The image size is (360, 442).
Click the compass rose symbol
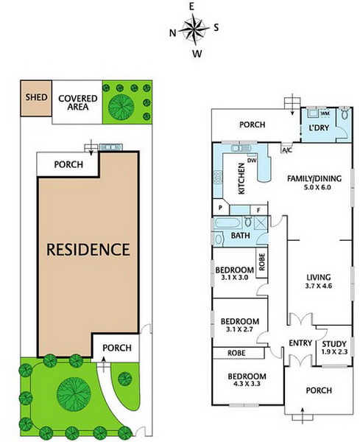click(x=194, y=29)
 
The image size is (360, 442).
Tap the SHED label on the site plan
click(x=36, y=97)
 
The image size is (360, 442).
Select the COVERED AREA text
click(x=78, y=102)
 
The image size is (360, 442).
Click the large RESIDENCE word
click(x=88, y=250)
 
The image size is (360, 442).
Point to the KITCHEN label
click(x=241, y=179)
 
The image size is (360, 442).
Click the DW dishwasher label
click(x=252, y=161)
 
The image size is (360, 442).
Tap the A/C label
click(x=287, y=150)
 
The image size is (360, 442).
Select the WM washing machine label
click(x=325, y=113)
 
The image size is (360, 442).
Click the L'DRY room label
click(x=319, y=127)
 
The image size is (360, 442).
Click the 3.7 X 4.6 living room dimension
click(x=319, y=286)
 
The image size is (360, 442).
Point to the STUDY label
click(x=334, y=344)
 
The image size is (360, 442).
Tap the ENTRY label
click(x=300, y=343)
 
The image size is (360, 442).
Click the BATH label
click(x=240, y=236)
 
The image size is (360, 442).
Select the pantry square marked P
click(x=221, y=207)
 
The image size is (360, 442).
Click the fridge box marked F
click(x=258, y=210)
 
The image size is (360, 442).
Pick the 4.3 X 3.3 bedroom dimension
click(x=246, y=384)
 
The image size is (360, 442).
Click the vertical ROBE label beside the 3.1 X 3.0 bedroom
click(x=261, y=262)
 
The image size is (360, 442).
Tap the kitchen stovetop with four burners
click(x=218, y=178)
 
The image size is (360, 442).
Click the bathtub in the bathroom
click(x=227, y=223)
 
